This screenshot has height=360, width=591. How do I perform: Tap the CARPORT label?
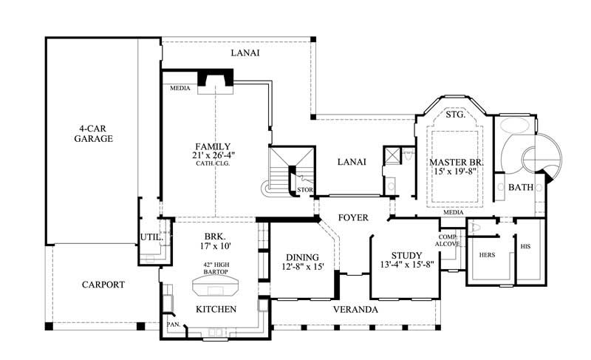tap(103, 284)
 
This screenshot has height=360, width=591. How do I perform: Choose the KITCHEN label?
tap(215, 309)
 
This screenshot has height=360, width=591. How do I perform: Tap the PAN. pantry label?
tap(173, 324)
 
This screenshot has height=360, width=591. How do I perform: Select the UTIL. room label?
tap(148, 237)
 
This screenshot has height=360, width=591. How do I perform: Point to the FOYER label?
tap(353, 218)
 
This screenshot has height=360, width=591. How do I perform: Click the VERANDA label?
tap(355, 309)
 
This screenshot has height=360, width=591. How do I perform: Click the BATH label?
tap(520, 188)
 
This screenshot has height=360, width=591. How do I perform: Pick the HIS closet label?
tap(525, 246)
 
